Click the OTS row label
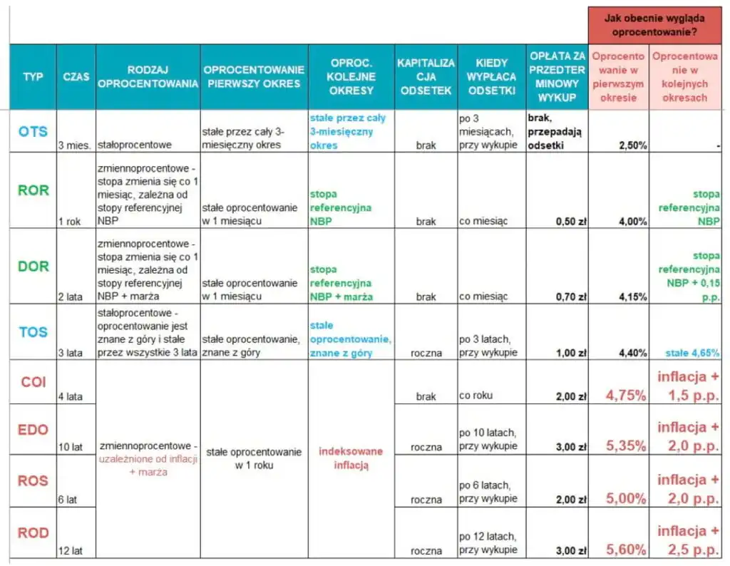coord(33,131)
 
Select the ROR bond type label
coord(33,190)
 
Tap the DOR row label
coord(33,266)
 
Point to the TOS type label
coord(33,331)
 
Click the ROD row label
coord(33,532)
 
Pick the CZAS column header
coord(76,76)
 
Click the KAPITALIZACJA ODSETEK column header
coord(426,76)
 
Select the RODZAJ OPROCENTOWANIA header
coord(148,76)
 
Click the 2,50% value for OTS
coord(632,145)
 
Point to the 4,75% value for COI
coord(625,395)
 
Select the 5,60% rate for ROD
coord(625,549)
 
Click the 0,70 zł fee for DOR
coord(571,297)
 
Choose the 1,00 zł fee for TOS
coord(571,352)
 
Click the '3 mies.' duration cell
coord(75,145)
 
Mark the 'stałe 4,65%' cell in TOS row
coord(692,352)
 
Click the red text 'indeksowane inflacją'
coord(350,458)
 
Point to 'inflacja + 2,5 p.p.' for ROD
coord(688,540)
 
